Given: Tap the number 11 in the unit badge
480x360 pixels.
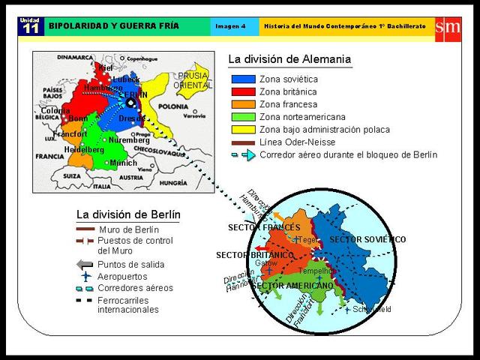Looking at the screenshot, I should coord(30,28).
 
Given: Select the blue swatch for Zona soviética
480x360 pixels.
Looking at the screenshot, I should coord(243,79).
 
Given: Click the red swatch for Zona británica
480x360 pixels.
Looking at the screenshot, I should coord(243,91).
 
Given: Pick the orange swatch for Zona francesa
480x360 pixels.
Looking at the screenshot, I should coord(243,104).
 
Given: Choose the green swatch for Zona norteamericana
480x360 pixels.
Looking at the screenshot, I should coord(243,117).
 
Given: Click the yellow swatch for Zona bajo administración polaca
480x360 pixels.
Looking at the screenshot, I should coord(243,130).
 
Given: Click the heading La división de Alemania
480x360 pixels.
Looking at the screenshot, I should coord(289,59).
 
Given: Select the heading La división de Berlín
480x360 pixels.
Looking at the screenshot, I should coord(128,214).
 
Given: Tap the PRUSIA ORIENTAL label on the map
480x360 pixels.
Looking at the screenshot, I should coord(192,80).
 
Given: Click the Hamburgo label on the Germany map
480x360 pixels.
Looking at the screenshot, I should coord(103,88).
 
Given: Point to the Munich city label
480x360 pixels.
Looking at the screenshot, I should coord(123,163).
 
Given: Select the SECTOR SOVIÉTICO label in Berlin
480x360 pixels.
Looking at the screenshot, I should coord(367,239).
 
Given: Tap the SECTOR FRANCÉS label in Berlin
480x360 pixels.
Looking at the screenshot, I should coord(263,227).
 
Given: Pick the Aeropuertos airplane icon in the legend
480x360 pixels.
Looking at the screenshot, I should coord(85,276).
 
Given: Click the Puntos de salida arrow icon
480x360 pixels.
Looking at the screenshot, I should coord(85,264).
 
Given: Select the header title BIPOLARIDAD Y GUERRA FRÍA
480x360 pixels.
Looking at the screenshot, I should coord(114,26).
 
